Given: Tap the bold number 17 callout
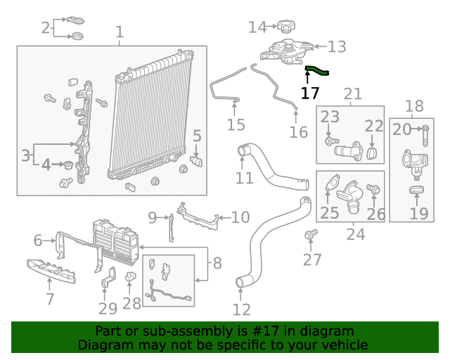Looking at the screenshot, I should [310, 93].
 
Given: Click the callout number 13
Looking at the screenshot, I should [337, 47].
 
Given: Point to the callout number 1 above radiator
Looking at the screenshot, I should [120, 32].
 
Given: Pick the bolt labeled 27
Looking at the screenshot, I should [311, 233].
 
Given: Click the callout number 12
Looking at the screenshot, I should [241, 309].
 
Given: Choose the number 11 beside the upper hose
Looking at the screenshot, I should [244, 178].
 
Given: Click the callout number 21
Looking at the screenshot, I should [353, 94].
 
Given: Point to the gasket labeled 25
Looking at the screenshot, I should [330, 188].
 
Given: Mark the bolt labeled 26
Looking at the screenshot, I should [373, 189].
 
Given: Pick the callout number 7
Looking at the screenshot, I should [49, 299].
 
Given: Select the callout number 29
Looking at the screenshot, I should [108, 308].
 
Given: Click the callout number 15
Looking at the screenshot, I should [236, 124].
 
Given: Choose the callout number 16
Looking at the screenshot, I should [299, 131].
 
